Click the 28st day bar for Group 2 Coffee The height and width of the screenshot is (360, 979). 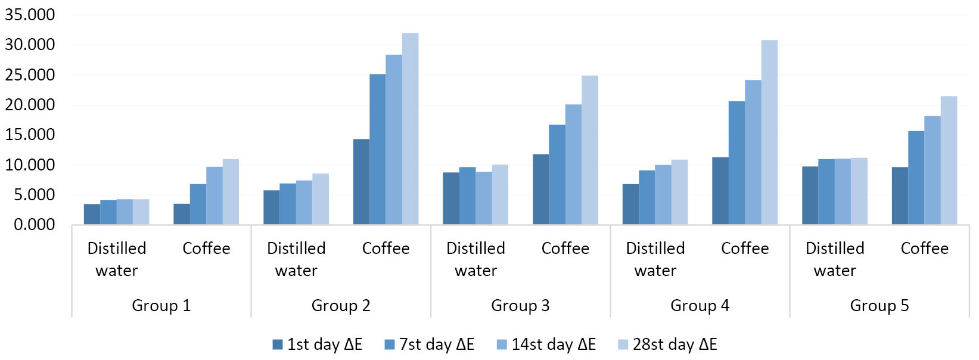(x=410, y=129)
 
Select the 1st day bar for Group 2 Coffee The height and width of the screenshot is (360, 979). (x=361, y=182)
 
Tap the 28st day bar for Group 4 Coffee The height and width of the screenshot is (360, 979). (x=769, y=132)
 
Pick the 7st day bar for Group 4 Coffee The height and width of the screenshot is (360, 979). (x=736, y=163)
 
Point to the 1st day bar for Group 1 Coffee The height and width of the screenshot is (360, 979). (x=182, y=214)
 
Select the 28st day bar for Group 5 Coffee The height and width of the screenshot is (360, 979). (x=949, y=160)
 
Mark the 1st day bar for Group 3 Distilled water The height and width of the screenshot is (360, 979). (x=451, y=198)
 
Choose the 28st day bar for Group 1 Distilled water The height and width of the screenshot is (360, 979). (x=141, y=212)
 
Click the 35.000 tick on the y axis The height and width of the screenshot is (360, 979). (x=30, y=15)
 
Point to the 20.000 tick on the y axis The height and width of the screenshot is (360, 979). (x=30, y=105)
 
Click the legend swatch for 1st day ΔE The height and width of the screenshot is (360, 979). (x=278, y=345)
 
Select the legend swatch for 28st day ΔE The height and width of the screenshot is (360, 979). (x=623, y=345)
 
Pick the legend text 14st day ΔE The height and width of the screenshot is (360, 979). (x=554, y=345)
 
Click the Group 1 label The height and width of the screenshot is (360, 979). (x=161, y=306)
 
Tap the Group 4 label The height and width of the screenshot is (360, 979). (x=700, y=306)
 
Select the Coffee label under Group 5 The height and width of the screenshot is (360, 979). (x=924, y=249)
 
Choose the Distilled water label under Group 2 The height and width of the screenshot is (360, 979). (x=296, y=259)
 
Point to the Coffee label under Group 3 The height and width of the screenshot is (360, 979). (x=565, y=249)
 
